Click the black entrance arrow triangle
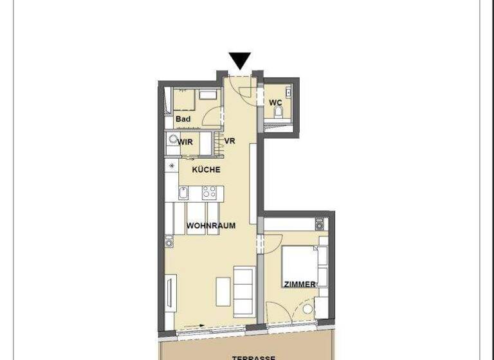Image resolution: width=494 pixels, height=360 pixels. tap(241, 60)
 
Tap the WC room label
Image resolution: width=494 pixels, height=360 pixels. tap(275, 102)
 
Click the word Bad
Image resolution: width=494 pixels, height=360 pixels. tap(183, 119)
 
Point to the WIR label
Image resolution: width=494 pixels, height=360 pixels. tap(186, 141)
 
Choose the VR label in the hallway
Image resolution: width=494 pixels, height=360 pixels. tap(229, 141)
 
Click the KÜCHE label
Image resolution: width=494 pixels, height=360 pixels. tap(206, 170)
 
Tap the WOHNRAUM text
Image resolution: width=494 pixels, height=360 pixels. tap(210, 226)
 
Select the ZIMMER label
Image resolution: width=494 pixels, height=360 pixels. tap(300, 283)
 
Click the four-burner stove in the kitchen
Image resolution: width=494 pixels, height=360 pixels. tap(210, 192)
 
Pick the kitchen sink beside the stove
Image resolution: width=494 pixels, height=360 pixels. tap(183, 192)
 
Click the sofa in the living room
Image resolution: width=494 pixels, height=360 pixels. tap(244, 291)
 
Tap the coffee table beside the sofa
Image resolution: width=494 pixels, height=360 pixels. tap(223, 291)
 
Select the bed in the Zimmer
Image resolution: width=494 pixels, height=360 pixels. tap(298, 264)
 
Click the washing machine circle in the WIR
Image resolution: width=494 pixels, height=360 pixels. tap(172, 139)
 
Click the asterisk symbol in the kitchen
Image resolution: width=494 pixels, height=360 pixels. tap(171, 166)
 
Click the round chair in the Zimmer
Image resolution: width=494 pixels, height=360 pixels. tap(307, 309)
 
